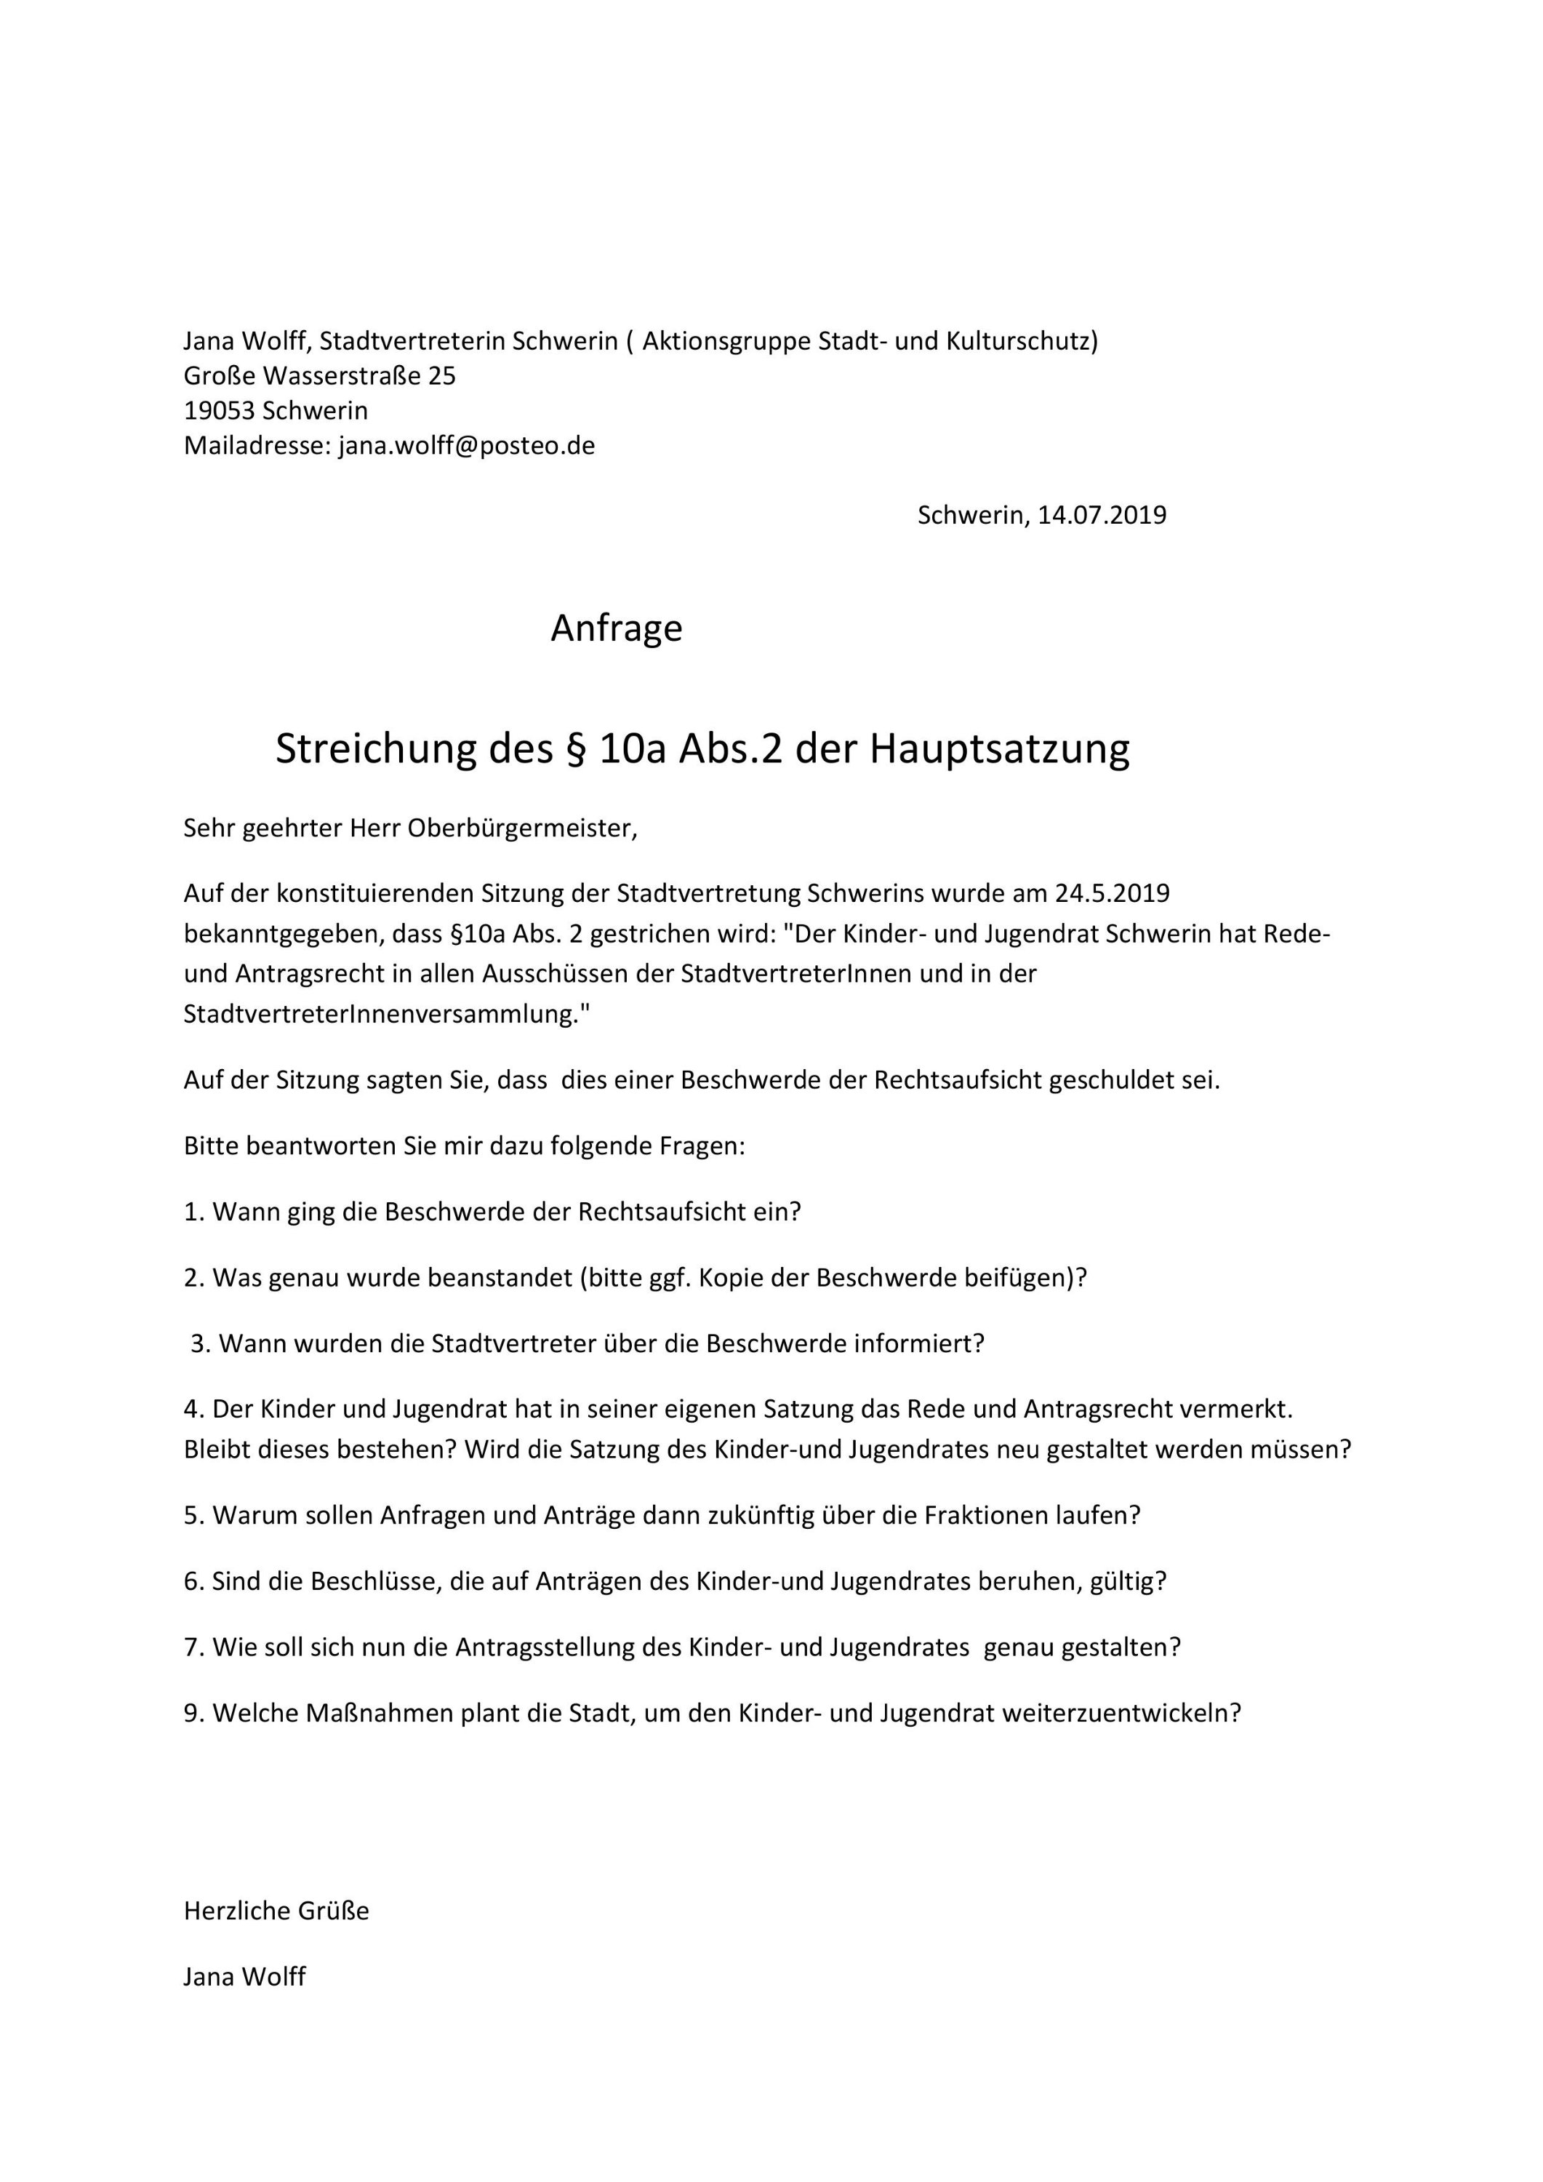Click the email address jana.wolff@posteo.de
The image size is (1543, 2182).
point(467,446)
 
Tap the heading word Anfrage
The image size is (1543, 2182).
point(617,628)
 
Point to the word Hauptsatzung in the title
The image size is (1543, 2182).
point(1000,749)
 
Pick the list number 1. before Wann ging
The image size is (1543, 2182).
point(194,1212)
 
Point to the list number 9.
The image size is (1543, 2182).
point(194,1713)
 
